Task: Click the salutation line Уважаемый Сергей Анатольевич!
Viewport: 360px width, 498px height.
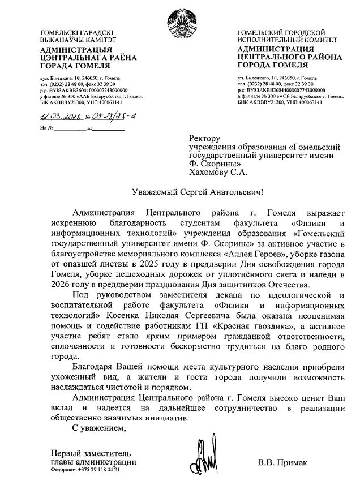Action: coord(194,192)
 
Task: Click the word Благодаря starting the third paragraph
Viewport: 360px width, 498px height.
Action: coord(92,367)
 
